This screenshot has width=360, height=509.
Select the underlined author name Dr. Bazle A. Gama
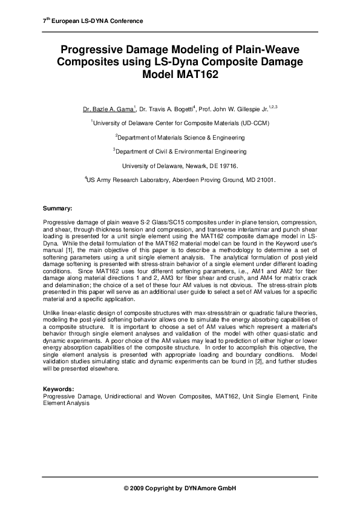109,110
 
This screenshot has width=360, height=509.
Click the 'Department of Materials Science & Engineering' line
181,137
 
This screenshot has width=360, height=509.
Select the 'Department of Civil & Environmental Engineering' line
181,152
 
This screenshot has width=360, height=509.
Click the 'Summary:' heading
57,209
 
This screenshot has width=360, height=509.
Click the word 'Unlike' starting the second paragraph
51,313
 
